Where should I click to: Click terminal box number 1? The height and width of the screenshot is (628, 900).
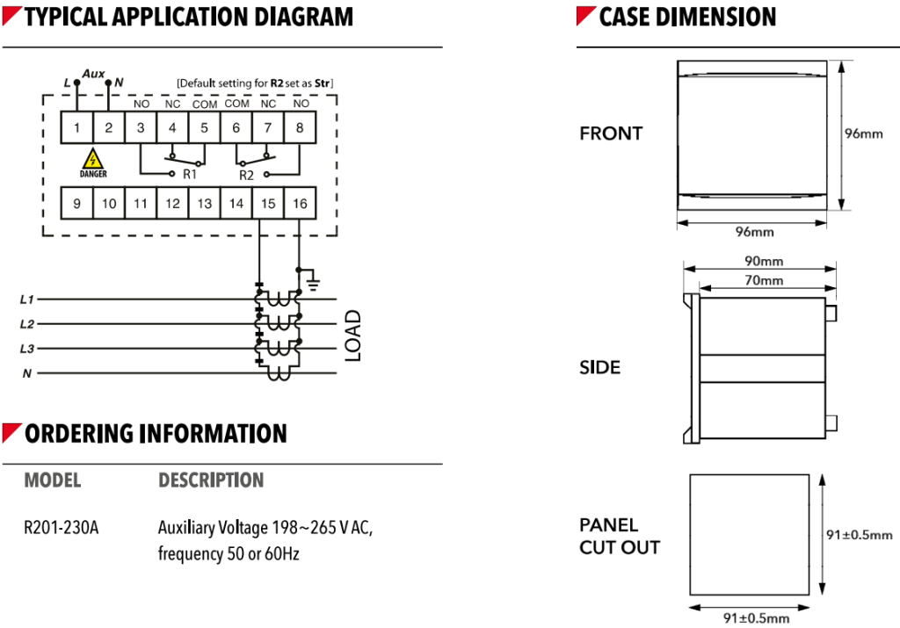tap(76, 128)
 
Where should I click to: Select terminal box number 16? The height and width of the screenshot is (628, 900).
tap(300, 203)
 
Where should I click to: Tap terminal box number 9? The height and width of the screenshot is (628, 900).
tap(76, 203)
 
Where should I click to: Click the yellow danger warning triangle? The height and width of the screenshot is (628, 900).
tap(91, 159)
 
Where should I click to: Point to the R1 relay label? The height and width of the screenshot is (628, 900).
tap(190, 175)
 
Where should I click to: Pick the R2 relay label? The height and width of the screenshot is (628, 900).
tap(247, 175)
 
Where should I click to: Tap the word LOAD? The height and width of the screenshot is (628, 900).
tap(352, 336)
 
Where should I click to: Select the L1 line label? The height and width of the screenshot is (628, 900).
tap(26, 300)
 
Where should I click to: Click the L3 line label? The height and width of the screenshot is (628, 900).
tap(26, 349)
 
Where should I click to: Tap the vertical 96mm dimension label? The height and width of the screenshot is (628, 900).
tap(863, 134)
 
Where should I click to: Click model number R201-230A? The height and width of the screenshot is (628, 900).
tap(62, 529)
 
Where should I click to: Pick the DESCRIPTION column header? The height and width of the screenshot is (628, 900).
tap(211, 480)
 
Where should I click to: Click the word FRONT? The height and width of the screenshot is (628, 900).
tap(611, 134)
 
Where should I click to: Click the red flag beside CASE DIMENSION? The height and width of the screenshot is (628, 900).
tap(585, 16)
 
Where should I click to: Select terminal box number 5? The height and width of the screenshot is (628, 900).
tap(204, 128)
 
